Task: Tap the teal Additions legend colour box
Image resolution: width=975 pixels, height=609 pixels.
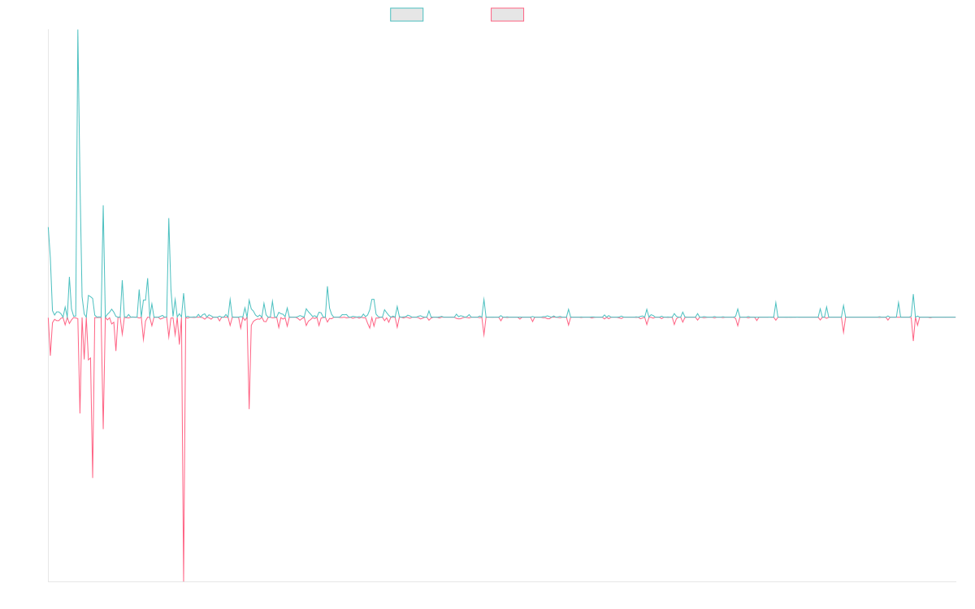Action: (x=407, y=15)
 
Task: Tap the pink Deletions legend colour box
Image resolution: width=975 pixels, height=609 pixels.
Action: (x=508, y=15)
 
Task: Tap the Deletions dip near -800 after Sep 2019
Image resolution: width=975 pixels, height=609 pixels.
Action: (x=249, y=408)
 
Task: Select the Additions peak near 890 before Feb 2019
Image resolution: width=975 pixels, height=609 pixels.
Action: (x=169, y=218)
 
